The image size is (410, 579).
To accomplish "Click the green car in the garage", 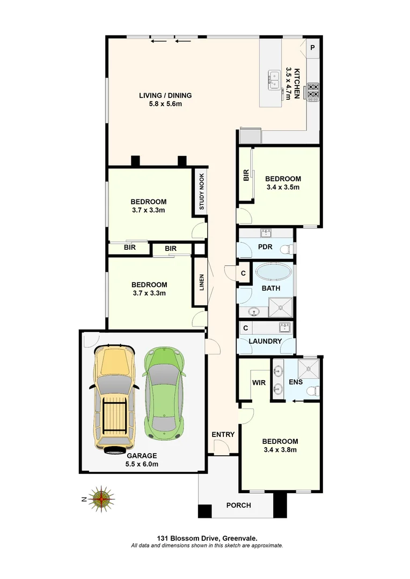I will pos(164,391).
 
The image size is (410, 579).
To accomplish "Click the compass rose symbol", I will pos(102,499).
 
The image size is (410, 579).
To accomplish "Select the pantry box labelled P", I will pos(312,48).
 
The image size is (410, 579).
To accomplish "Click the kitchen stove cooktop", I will pos(313,92).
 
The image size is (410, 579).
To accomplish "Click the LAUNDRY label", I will pos(265,341).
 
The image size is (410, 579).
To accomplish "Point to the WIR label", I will pos(260,383).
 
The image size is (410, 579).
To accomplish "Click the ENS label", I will pos(296,382).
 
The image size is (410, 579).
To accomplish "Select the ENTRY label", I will pos(223,434).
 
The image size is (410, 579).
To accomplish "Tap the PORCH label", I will pos(238,505).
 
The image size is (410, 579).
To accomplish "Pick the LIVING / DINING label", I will pos(165,95).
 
